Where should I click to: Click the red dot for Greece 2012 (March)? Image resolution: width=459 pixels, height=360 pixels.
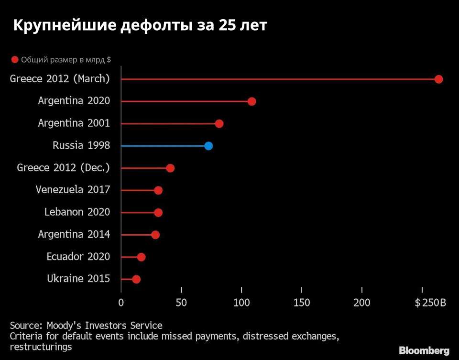(438, 79)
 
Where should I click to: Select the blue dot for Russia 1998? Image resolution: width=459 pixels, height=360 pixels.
(208, 146)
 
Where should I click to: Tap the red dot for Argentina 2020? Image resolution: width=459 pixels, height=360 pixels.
(251, 101)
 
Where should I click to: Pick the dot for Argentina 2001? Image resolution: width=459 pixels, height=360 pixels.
(219, 124)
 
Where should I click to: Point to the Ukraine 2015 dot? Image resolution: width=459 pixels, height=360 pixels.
(136, 279)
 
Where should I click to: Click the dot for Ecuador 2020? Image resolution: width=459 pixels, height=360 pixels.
(141, 257)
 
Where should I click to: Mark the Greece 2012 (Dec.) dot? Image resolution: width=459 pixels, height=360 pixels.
(170, 168)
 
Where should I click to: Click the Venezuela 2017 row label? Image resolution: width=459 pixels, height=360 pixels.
(73, 190)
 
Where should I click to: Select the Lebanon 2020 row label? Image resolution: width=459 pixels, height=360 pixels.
(77, 212)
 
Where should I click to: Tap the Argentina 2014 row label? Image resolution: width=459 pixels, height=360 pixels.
(74, 234)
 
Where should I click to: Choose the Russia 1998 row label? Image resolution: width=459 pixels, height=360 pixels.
(81, 145)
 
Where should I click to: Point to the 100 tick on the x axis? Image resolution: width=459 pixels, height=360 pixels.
(241, 303)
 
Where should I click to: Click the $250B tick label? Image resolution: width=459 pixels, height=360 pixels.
(430, 303)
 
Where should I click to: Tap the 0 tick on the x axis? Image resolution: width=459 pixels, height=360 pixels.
(121, 303)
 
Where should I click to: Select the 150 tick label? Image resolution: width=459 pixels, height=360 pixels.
(302, 303)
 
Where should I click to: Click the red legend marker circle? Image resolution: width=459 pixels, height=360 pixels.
(15, 60)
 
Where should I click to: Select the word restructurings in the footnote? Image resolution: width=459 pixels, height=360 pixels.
(41, 347)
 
